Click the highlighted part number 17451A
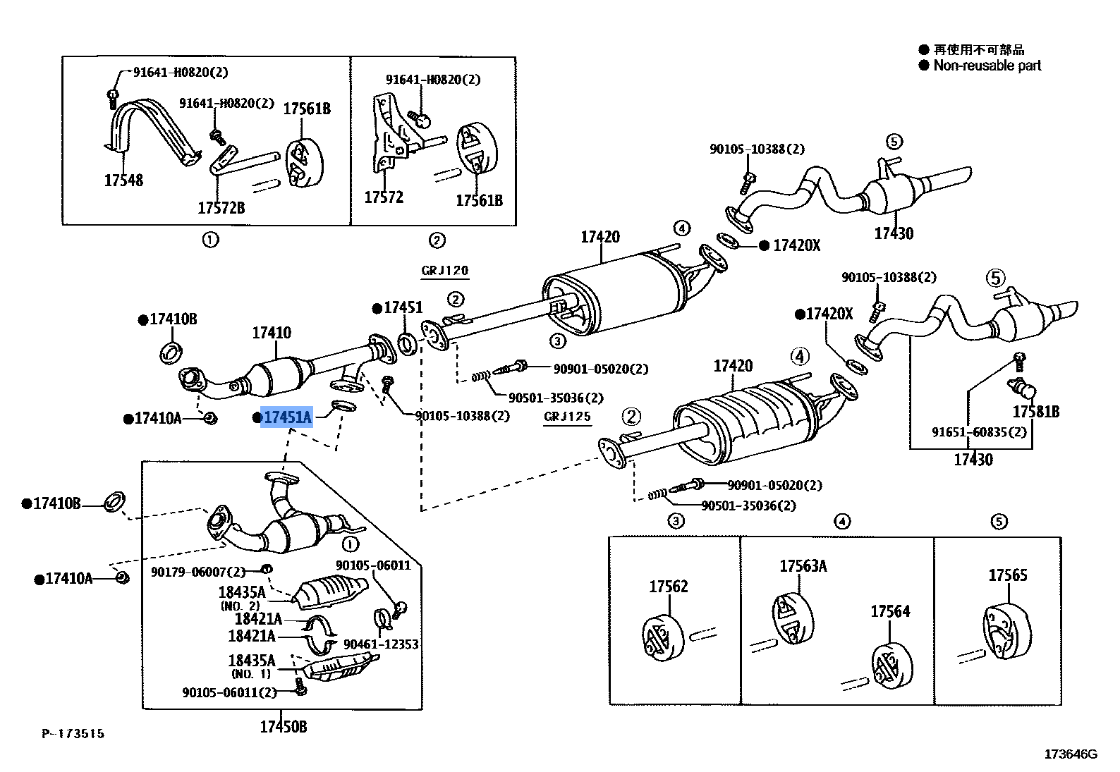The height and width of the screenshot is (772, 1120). pos(286,417)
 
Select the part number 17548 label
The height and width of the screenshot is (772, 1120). pos(123,180)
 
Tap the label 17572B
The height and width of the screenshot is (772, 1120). pos(221,208)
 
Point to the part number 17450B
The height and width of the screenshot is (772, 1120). pos(283,727)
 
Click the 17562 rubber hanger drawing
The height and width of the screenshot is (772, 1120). pos(663,637)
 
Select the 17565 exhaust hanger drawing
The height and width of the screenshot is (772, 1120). pos(1006,632)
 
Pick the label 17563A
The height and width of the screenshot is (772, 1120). pos(803,566)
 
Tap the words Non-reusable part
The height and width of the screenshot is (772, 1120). pos(987,66)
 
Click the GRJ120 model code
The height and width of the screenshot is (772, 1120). pos(444,271)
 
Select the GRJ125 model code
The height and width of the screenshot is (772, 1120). pos(567,417)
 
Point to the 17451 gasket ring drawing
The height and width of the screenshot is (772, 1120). pos(406,343)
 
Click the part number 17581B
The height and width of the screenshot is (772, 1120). pos(1035,412)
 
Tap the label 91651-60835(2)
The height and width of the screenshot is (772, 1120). pos(978,432)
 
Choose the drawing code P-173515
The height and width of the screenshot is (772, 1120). pos(73,734)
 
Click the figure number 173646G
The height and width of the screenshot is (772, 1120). pos(1070,754)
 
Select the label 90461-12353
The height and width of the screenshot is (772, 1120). pos(381,644)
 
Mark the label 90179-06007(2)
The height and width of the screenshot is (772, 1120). pos(198,572)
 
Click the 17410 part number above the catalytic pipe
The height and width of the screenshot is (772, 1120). pos(272,333)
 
